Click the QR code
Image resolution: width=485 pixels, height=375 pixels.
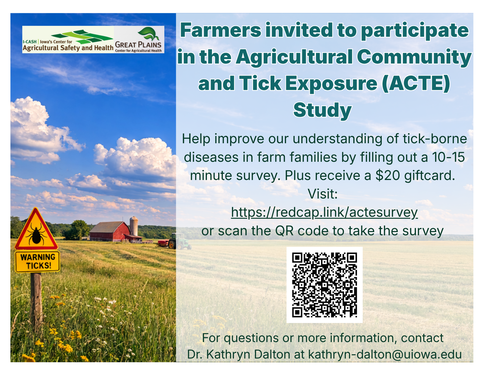coord(324,285)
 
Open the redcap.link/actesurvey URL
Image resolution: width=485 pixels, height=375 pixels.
coord(324,212)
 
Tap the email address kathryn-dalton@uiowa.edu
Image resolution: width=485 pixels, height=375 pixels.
coord(385,354)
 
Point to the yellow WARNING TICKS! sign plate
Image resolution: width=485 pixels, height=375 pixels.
coord(38,261)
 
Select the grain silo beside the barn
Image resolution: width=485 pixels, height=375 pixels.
coord(134,226)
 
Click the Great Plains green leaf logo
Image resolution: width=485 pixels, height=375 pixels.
coord(148,34)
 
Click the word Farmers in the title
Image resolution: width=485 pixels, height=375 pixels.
coord(221,30)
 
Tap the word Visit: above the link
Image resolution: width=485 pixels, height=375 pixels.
coord(322,194)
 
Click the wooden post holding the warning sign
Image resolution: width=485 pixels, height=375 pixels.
coord(37,303)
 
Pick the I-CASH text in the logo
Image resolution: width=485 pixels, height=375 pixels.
coord(30,41)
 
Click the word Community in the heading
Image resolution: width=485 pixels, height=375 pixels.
coord(414,57)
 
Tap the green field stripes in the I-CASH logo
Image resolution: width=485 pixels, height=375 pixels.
coord(82,37)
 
